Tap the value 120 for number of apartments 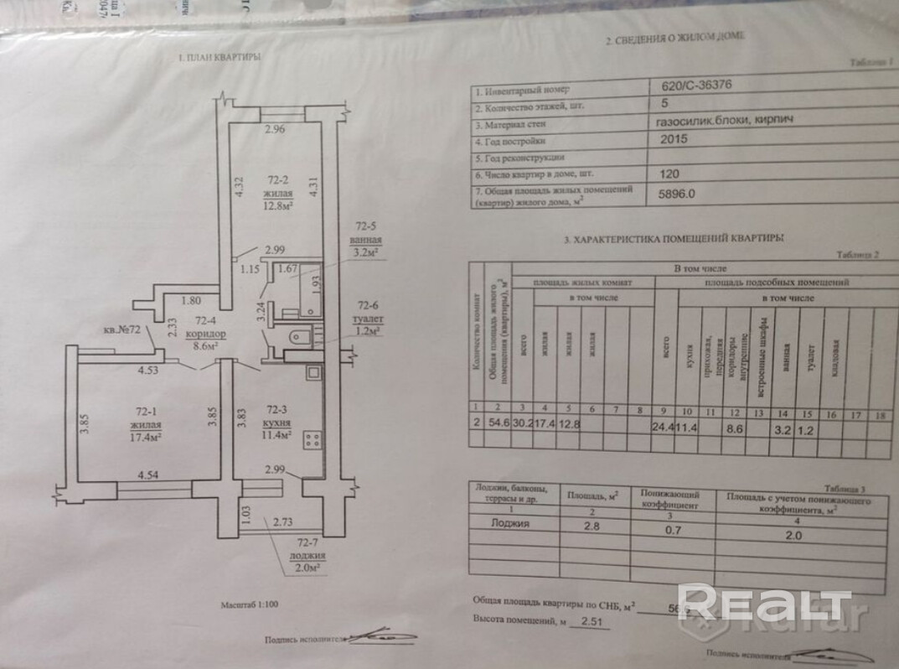tap(670, 176)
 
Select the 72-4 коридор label tap(206, 332)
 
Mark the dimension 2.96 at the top tap(276, 130)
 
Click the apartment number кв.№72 tap(121, 331)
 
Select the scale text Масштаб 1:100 tap(250, 604)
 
